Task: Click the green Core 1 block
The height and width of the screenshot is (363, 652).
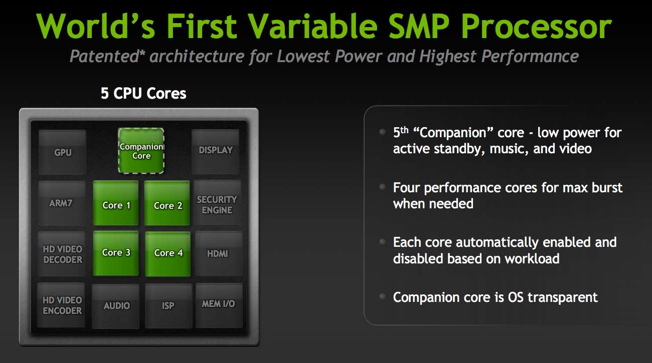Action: coord(116,203)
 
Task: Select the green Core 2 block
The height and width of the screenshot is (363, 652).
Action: coord(167,203)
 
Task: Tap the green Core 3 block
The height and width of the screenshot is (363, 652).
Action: coord(116,253)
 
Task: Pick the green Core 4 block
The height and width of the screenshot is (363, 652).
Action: coord(168,254)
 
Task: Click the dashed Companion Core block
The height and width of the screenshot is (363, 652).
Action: coord(141,151)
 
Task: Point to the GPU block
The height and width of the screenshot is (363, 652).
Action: coord(62,152)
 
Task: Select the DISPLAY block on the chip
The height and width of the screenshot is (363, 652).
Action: coord(215,152)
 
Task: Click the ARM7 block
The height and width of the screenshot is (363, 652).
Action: coord(62,203)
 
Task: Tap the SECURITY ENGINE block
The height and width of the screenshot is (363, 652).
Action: coord(218,203)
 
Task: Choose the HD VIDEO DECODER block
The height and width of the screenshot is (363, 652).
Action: coord(61,254)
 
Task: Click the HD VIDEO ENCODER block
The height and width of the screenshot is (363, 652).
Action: coord(61,305)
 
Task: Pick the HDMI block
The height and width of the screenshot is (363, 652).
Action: coord(219,253)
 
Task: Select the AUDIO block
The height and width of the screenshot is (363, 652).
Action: coord(115,306)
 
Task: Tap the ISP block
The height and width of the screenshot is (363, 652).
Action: coord(169,306)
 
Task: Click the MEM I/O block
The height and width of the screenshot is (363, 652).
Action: coord(219,305)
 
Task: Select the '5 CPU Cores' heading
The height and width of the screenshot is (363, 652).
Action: coord(143,93)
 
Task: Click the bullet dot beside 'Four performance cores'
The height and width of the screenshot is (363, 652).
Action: coord(383,187)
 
